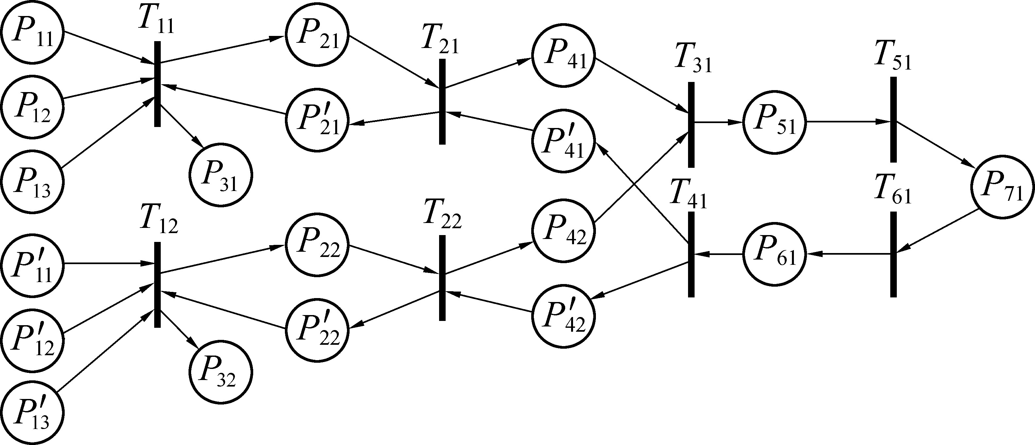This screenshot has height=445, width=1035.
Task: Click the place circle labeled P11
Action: click(x=32, y=32)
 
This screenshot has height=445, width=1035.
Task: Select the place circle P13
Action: click(x=32, y=181)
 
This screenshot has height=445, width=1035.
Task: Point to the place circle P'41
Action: click(x=563, y=141)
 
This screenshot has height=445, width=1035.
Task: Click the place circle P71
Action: click(x=1002, y=187)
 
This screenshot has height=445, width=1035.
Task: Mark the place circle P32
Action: click(x=221, y=372)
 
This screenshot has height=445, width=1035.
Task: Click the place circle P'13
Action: click(x=32, y=414)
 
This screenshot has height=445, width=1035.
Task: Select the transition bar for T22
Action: click(x=442, y=278)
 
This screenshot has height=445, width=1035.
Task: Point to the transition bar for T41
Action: click(x=691, y=255)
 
